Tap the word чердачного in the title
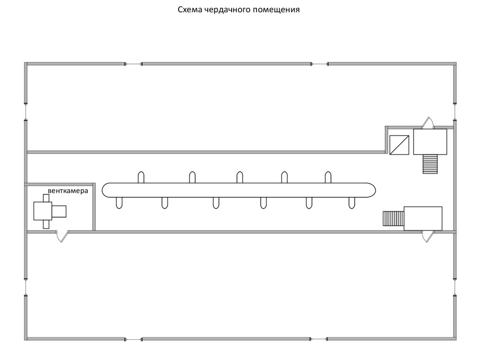(x=225, y=10)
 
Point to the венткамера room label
(x=68, y=191)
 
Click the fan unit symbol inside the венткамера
(x=49, y=211)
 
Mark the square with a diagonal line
(x=399, y=145)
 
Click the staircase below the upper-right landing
(x=430, y=164)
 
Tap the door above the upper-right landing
(x=427, y=123)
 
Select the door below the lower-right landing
(x=427, y=236)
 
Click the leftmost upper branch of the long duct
(x=141, y=177)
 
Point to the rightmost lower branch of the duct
(x=351, y=202)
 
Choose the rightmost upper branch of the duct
(x=328, y=177)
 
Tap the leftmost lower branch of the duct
(x=119, y=202)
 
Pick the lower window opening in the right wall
(x=455, y=286)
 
